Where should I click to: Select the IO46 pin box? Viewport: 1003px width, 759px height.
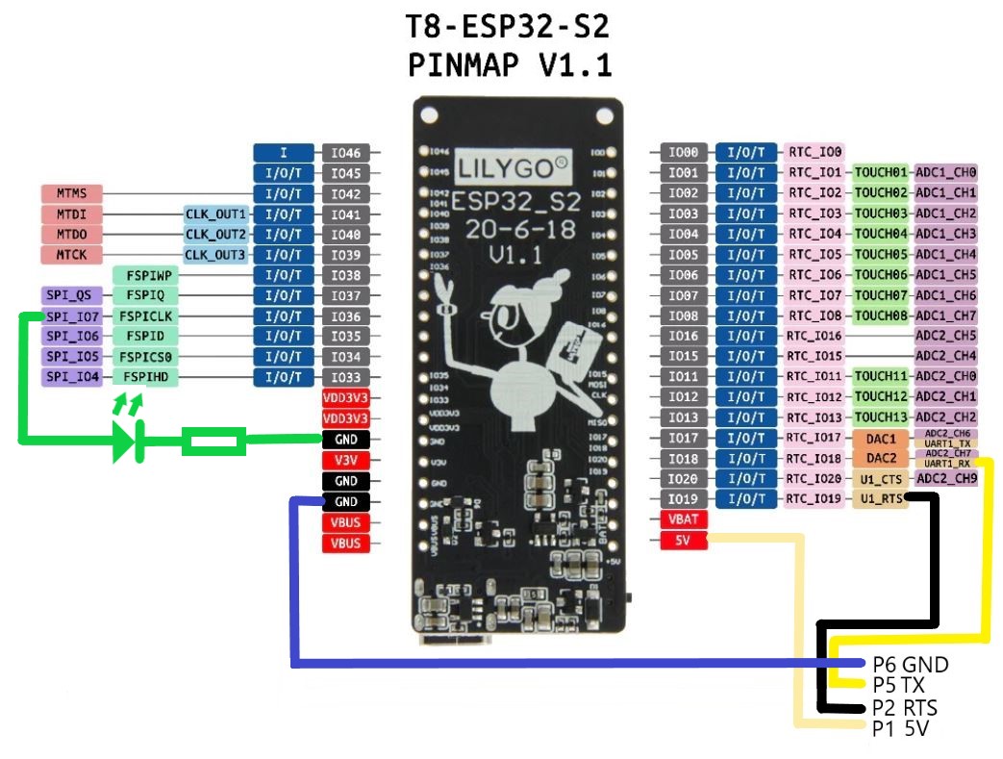pyautogui.click(x=345, y=153)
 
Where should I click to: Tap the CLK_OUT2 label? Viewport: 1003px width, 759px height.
pyautogui.click(x=216, y=234)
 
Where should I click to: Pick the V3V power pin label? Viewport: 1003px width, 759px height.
pyautogui.click(x=345, y=460)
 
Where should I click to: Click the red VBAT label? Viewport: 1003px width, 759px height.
pyautogui.click(x=684, y=519)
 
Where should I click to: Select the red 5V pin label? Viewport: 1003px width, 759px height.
pyautogui.click(x=684, y=541)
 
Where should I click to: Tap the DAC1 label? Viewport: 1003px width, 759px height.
pyautogui.click(x=881, y=439)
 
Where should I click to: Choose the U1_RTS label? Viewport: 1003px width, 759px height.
pyautogui.click(x=881, y=499)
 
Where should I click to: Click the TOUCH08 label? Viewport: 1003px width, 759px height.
pyautogui.click(x=881, y=316)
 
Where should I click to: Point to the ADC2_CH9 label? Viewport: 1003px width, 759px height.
pyautogui.click(x=946, y=478)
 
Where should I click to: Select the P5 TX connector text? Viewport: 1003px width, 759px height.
pyautogui.click(x=899, y=685)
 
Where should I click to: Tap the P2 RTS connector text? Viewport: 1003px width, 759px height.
pyautogui.click(x=905, y=708)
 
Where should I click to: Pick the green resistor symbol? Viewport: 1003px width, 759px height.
pyautogui.click(x=213, y=442)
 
